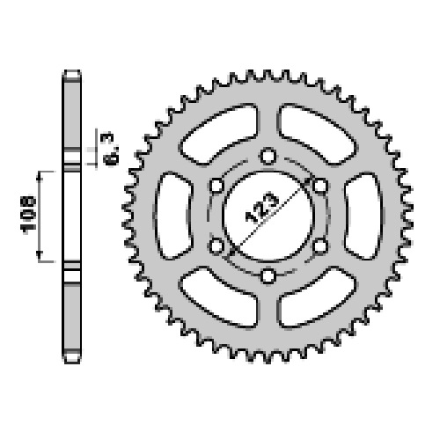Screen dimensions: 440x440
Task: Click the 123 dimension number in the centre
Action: point(261,208)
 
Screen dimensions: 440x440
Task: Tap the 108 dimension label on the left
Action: point(28,216)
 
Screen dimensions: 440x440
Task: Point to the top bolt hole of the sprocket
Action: point(268,156)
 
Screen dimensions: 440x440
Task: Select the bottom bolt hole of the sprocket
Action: point(268,276)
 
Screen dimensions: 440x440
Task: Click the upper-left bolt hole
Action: point(217,186)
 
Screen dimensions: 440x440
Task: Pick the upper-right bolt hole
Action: point(319,186)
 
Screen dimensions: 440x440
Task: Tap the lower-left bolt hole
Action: point(217,246)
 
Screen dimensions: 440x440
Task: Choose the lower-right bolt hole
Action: point(319,246)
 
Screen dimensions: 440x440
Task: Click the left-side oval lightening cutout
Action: point(173,216)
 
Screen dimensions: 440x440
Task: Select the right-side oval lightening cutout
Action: point(363,216)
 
